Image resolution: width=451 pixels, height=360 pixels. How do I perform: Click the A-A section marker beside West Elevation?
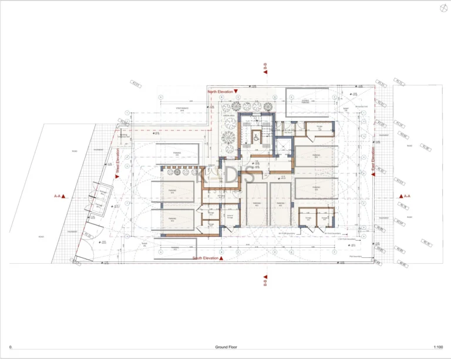point(59,197)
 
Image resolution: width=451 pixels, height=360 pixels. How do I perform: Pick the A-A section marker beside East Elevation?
point(404,196)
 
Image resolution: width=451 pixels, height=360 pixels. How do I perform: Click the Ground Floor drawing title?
point(225,347)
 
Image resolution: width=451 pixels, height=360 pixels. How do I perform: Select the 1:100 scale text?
point(437,347)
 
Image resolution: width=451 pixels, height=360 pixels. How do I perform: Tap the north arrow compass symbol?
point(442,8)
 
